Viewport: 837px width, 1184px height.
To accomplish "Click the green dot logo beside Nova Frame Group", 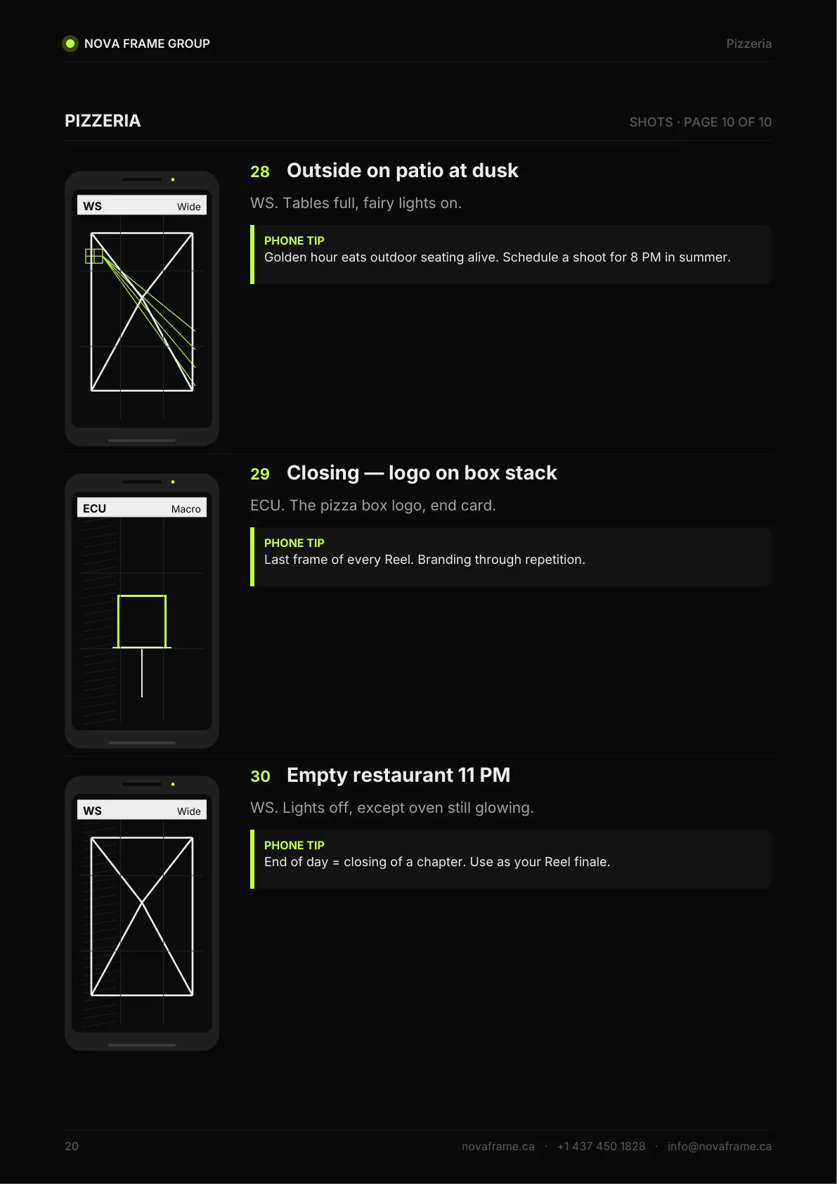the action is (x=70, y=44).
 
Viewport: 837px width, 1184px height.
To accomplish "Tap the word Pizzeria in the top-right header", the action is (x=748, y=44).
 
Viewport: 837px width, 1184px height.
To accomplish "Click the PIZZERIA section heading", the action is (x=103, y=121).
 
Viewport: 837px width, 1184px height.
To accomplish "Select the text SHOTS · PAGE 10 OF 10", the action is (x=700, y=122).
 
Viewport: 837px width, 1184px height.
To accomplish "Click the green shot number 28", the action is (x=260, y=172).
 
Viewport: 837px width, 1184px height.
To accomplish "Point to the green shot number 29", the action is (x=260, y=474).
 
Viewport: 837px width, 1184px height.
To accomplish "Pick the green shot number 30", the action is (x=260, y=776).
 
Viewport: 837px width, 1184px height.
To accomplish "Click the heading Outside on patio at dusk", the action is (x=402, y=171).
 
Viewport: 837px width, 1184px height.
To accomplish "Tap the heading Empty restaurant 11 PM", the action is (x=398, y=776).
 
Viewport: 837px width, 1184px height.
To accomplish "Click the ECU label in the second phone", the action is (x=95, y=508).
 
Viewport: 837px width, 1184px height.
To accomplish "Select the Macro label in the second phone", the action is (x=186, y=509).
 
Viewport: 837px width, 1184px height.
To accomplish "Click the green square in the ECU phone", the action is (x=142, y=596).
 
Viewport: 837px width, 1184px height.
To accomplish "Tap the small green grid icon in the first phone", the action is (x=94, y=257).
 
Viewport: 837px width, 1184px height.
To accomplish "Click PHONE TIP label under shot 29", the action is (x=294, y=543).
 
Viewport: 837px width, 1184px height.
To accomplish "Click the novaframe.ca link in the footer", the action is (x=498, y=1146).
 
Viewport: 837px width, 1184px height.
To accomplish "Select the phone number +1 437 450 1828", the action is (x=602, y=1146).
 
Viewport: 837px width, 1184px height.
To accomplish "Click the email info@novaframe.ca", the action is (x=720, y=1146).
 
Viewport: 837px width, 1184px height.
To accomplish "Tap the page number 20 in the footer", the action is (x=72, y=1146).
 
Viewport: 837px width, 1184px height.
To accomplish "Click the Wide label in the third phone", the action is (x=189, y=811).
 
